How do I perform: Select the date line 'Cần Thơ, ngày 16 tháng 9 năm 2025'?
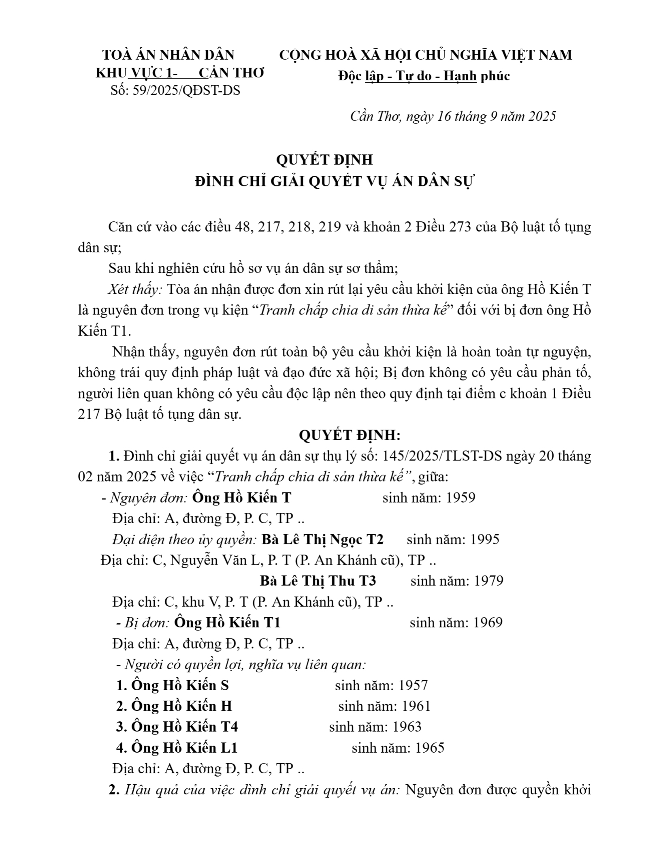coord(453,116)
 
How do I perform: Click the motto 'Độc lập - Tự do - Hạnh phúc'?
coord(424,76)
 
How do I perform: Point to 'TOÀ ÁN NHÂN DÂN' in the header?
coord(168,55)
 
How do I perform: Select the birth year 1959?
coord(460,497)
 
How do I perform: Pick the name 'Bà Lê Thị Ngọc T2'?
coord(322,539)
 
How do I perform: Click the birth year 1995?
coord(484,539)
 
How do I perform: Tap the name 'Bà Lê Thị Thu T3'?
coord(318,581)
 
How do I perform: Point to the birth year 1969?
coord(487,623)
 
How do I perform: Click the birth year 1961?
coord(416,706)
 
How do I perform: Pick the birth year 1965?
coord(429,748)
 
